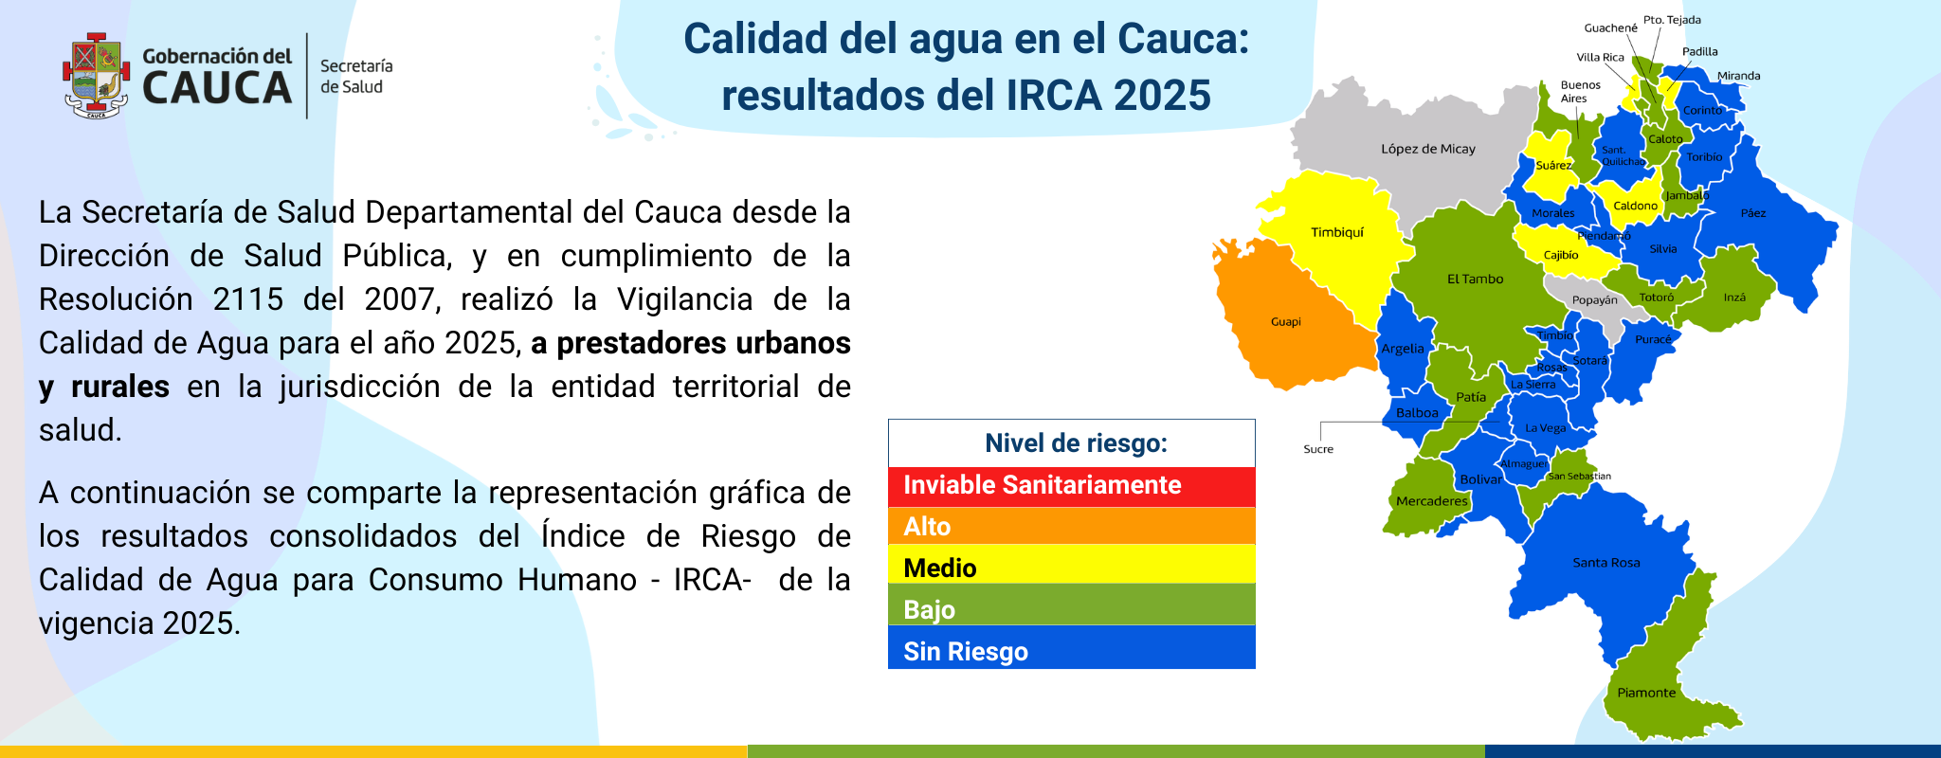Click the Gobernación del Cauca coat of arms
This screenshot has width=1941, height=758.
pyautogui.click(x=96, y=76)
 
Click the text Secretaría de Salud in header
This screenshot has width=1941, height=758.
pyautogui.click(x=355, y=76)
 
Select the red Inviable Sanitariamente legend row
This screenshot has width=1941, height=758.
pyautogui.click(x=1071, y=486)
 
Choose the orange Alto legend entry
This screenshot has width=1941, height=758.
pyautogui.click(x=1071, y=527)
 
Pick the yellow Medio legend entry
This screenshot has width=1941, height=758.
pyautogui.click(x=1071, y=568)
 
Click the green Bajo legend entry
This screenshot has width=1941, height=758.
pyautogui.click(x=1071, y=610)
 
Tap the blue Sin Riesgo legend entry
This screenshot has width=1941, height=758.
pyautogui.click(x=1071, y=652)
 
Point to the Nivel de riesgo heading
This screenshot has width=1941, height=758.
pyautogui.click(x=1076, y=443)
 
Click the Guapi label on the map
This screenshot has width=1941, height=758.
pyautogui.click(x=1285, y=322)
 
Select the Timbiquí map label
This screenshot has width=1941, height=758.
pyautogui.click(x=1336, y=232)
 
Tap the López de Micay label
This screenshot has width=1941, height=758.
pyautogui.click(x=1427, y=149)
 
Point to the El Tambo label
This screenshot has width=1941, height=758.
pyautogui.click(x=1475, y=279)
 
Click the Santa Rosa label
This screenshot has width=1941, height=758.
pyautogui.click(x=1605, y=563)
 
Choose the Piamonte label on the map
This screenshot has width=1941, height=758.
pyautogui.click(x=1646, y=693)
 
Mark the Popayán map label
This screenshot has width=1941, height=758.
pyautogui.click(x=1594, y=300)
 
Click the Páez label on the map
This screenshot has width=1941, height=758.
pyautogui.click(x=1752, y=213)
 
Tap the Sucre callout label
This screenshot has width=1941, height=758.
pyautogui.click(x=1317, y=449)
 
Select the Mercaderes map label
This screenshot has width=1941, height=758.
pyautogui.click(x=1431, y=501)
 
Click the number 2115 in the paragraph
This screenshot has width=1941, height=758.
pyautogui.click(x=247, y=299)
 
